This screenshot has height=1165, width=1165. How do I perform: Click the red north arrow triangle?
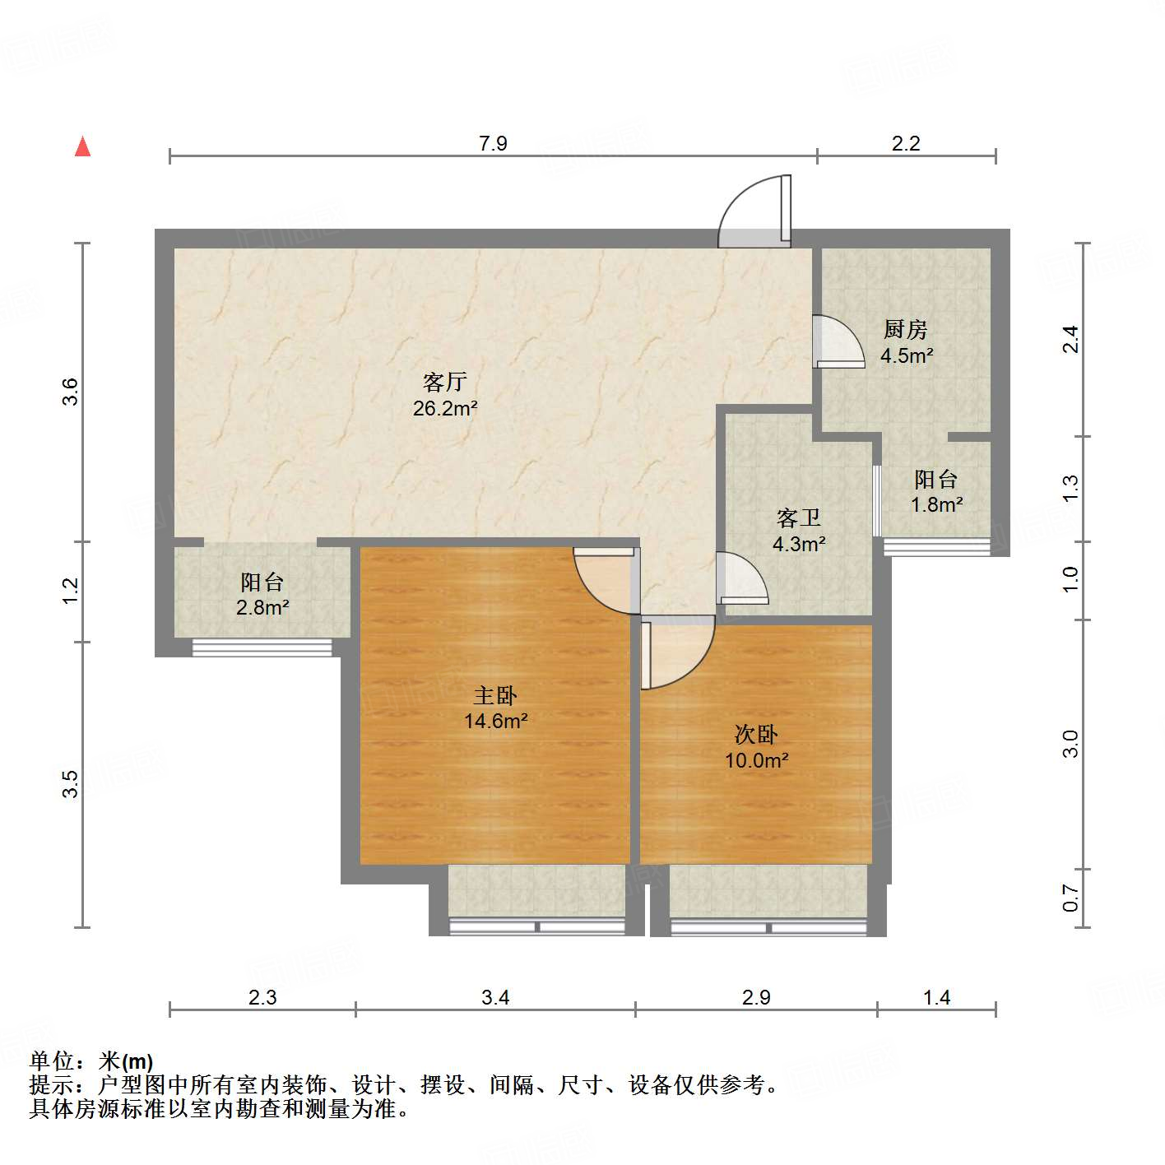point(82,146)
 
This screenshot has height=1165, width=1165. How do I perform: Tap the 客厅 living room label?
point(445,382)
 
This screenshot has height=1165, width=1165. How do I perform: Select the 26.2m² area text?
point(445,408)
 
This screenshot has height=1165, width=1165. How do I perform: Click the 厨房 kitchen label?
point(906,330)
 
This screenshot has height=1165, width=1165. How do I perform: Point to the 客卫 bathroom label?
point(799,518)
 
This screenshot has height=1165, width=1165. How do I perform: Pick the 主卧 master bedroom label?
point(495,696)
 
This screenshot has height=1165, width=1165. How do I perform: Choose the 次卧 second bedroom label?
point(756,734)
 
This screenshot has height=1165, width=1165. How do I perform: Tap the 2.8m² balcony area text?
point(262,608)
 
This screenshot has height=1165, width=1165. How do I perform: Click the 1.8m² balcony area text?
point(936,505)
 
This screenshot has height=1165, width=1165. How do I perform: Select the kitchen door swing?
point(838,341)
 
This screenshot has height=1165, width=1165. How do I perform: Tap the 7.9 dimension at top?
point(493,143)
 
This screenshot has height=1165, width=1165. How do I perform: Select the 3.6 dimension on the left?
point(71,391)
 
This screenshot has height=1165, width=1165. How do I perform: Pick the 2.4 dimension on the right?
point(1070,339)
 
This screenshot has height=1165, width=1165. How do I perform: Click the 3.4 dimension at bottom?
point(495,998)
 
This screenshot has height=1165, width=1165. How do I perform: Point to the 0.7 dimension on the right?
point(1070,898)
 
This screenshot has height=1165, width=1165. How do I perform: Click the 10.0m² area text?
point(756,760)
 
